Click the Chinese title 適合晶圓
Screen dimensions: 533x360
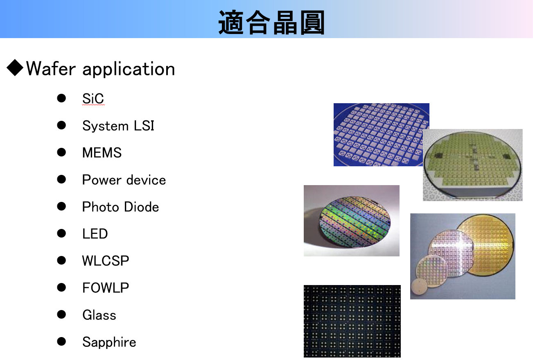(271, 23)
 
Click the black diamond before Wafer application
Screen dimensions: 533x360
(15, 68)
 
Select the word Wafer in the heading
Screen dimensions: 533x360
(51, 68)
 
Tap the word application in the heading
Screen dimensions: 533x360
(129, 69)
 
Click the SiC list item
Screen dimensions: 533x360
(93, 98)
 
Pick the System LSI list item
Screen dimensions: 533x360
(118, 125)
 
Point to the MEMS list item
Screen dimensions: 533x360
(102, 152)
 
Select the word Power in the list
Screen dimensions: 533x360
(102, 180)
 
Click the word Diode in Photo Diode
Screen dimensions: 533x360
(141, 207)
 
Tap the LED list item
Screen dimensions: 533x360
(95, 233)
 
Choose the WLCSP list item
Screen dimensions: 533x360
(105, 260)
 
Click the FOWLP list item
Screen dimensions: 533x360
(105, 288)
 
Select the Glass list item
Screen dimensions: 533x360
(99, 315)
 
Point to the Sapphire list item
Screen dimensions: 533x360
(109, 342)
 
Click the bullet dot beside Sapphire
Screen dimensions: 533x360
(61, 342)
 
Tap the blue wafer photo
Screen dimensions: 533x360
(381, 134)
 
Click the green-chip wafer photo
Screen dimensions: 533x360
(472, 165)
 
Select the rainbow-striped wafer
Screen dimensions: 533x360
(355, 222)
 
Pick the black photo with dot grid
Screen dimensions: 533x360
(352, 321)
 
